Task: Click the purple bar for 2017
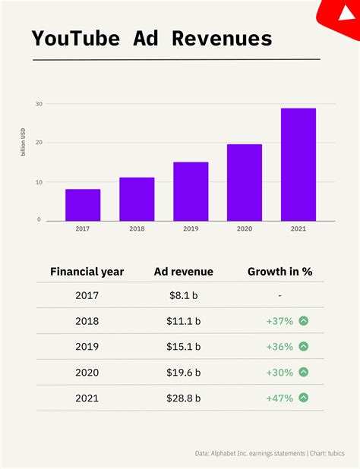tap(83, 205)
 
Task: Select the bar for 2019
tap(191, 191)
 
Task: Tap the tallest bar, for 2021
tap(298, 165)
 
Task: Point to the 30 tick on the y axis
tap(38, 103)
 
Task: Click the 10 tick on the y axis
tap(38, 182)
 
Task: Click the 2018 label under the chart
tap(137, 228)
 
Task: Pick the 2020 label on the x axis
tap(245, 228)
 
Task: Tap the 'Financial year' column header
tap(87, 271)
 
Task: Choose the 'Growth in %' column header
tap(279, 271)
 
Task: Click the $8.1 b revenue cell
tap(183, 295)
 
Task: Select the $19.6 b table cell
tap(183, 372)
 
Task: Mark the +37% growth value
tap(279, 321)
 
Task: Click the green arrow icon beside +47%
tap(304, 398)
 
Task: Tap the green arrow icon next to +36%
tap(304, 347)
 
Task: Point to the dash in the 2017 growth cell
tap(280, 295)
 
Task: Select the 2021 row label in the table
tap(87, 398)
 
